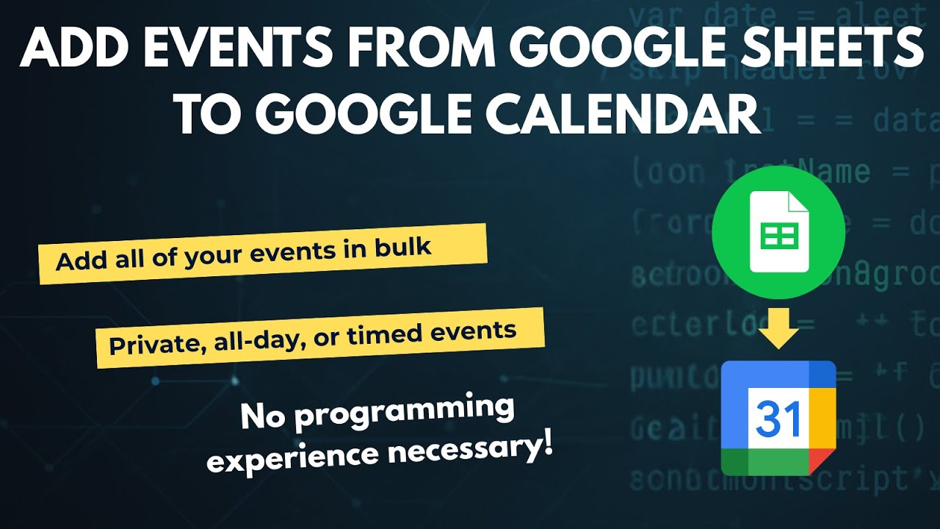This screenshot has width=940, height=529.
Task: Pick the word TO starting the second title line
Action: (210, 114)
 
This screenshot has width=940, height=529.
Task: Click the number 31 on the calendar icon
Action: (778, 419)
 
